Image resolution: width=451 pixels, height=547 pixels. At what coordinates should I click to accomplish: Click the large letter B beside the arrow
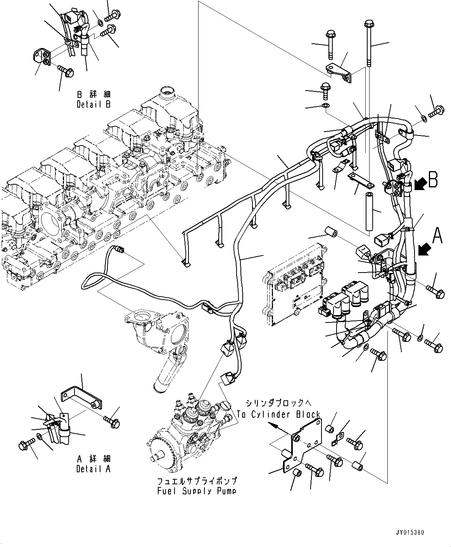point(433,180)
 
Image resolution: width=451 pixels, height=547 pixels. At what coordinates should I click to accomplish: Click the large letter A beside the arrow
point(437,235)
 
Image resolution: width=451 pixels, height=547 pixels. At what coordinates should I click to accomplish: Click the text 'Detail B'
point(93,105)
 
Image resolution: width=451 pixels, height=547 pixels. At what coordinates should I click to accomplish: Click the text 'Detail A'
point(93,469)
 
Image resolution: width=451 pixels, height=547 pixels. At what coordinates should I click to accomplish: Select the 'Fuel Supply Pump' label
point(197,491)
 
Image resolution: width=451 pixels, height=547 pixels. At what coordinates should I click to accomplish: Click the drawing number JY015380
point(410,533)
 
